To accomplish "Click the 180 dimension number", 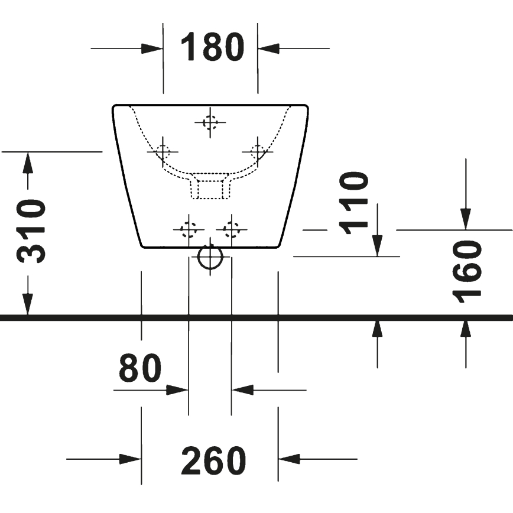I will (212, 47).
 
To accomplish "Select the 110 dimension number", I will (355, 203).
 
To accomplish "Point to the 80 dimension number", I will (140, 368).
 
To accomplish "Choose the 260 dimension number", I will (213, 460).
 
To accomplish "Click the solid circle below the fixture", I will (210, 256).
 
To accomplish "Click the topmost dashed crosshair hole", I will (210, 123).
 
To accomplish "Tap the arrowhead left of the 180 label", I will (152, 48).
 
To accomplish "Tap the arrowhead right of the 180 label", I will (269, 48).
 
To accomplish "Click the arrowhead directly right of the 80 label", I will (177, 390).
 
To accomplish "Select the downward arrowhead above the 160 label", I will (466, 219).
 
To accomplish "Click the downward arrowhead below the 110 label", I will (377, 245).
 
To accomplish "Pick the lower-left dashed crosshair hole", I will (189, 229).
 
